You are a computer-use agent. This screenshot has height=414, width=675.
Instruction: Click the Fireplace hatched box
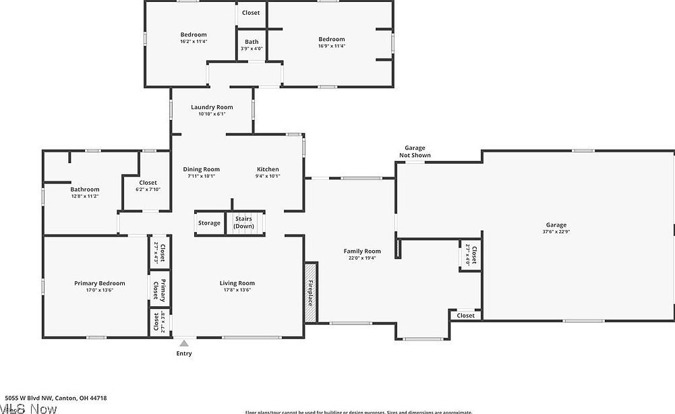(310, 293)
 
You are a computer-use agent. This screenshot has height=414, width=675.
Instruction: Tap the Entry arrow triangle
(184, 343)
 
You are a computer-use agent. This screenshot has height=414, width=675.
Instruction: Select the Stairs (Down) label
(243, 222)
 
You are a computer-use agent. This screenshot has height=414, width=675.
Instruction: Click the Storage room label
(209, 223)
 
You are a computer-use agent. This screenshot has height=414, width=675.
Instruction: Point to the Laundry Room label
(212, 107)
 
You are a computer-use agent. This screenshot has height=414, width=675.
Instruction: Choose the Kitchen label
(268, 169)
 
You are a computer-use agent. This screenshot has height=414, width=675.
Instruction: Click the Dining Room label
(202, 169)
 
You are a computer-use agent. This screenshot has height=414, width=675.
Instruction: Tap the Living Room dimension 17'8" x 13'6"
(237, 291)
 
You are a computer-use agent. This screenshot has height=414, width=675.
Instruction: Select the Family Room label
(362, 252)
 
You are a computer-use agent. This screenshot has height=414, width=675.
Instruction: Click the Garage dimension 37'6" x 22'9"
(556, 232)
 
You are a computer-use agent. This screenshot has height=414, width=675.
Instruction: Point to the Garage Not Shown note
(415, 152)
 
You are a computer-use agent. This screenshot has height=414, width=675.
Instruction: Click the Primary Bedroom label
(99, 283)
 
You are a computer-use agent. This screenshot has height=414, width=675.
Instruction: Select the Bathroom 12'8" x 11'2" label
(85, 189)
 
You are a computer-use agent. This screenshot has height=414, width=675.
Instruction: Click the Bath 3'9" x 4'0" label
(252, 42)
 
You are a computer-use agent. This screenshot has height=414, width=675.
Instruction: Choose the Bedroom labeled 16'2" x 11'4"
(194, 34)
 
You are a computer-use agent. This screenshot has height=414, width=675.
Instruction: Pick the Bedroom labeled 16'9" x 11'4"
(332, 39)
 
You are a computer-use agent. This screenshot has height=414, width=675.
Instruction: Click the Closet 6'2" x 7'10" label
(148, 183)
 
